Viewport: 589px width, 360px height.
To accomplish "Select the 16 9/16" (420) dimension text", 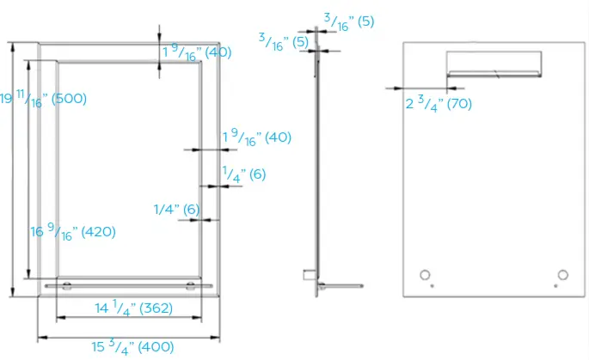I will [x=73, y=232].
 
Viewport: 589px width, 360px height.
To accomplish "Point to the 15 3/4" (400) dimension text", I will [x=133, y=347].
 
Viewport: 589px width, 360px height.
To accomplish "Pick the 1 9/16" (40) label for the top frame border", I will [x=197, y=52].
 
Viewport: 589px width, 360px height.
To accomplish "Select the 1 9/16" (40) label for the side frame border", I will [x=257, y=137].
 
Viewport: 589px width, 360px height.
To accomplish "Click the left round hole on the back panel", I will [x=424, y=274].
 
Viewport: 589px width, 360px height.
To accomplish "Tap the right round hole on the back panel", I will [x=562, y=274].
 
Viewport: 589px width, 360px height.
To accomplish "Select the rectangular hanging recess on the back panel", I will [x=494, y=64].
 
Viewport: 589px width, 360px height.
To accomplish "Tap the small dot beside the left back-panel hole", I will [x=433, y=285].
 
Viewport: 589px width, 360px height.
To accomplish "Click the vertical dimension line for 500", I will [x=13, y=172].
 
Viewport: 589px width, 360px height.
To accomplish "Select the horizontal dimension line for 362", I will [x=129, y=319].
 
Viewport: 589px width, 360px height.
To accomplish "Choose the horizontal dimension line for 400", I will [x=129, y=337].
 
